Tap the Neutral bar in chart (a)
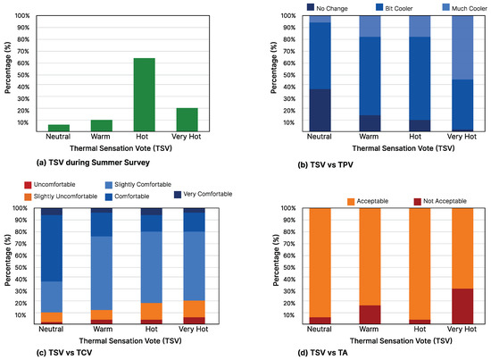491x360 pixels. (58, 128)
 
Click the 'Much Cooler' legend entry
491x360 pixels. (451, 7)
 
